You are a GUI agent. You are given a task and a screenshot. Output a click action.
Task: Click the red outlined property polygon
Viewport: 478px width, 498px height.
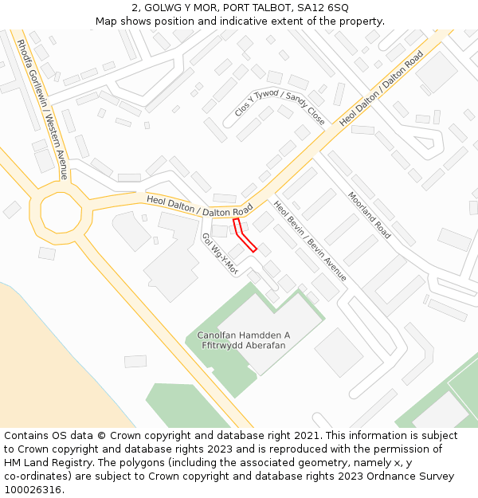(x=244, y=235)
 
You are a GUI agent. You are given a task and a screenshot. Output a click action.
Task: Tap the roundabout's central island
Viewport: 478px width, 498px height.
(x=56, y=212)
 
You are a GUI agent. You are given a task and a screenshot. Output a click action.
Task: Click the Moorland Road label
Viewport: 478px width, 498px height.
(x=369, y=215)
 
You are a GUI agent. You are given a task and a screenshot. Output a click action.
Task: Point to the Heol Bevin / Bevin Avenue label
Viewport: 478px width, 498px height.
(x=310, y=241)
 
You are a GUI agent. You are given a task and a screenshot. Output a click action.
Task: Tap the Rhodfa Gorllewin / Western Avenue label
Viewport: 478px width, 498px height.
(x=41, y=110)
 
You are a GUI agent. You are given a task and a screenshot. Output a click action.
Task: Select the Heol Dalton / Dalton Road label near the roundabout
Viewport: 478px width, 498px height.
(x=199, y=206)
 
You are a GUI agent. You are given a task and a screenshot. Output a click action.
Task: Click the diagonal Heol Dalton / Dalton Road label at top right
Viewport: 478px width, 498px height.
(x=381, y=88)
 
